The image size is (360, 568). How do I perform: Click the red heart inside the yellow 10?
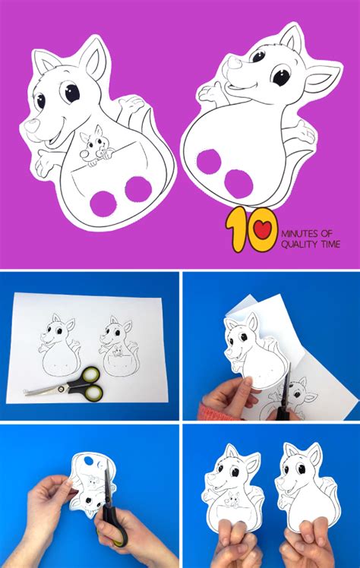pos(263,229)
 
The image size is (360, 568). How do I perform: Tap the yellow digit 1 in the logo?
pos(235,229)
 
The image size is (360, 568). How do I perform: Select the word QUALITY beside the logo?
pos(295,245)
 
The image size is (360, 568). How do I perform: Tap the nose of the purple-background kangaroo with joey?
pos(32,126)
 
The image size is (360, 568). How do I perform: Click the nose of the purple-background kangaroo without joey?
pos(235,65)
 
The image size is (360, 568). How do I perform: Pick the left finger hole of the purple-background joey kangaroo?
pos(103,204)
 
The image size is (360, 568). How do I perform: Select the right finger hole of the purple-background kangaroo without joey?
pos(238,184)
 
